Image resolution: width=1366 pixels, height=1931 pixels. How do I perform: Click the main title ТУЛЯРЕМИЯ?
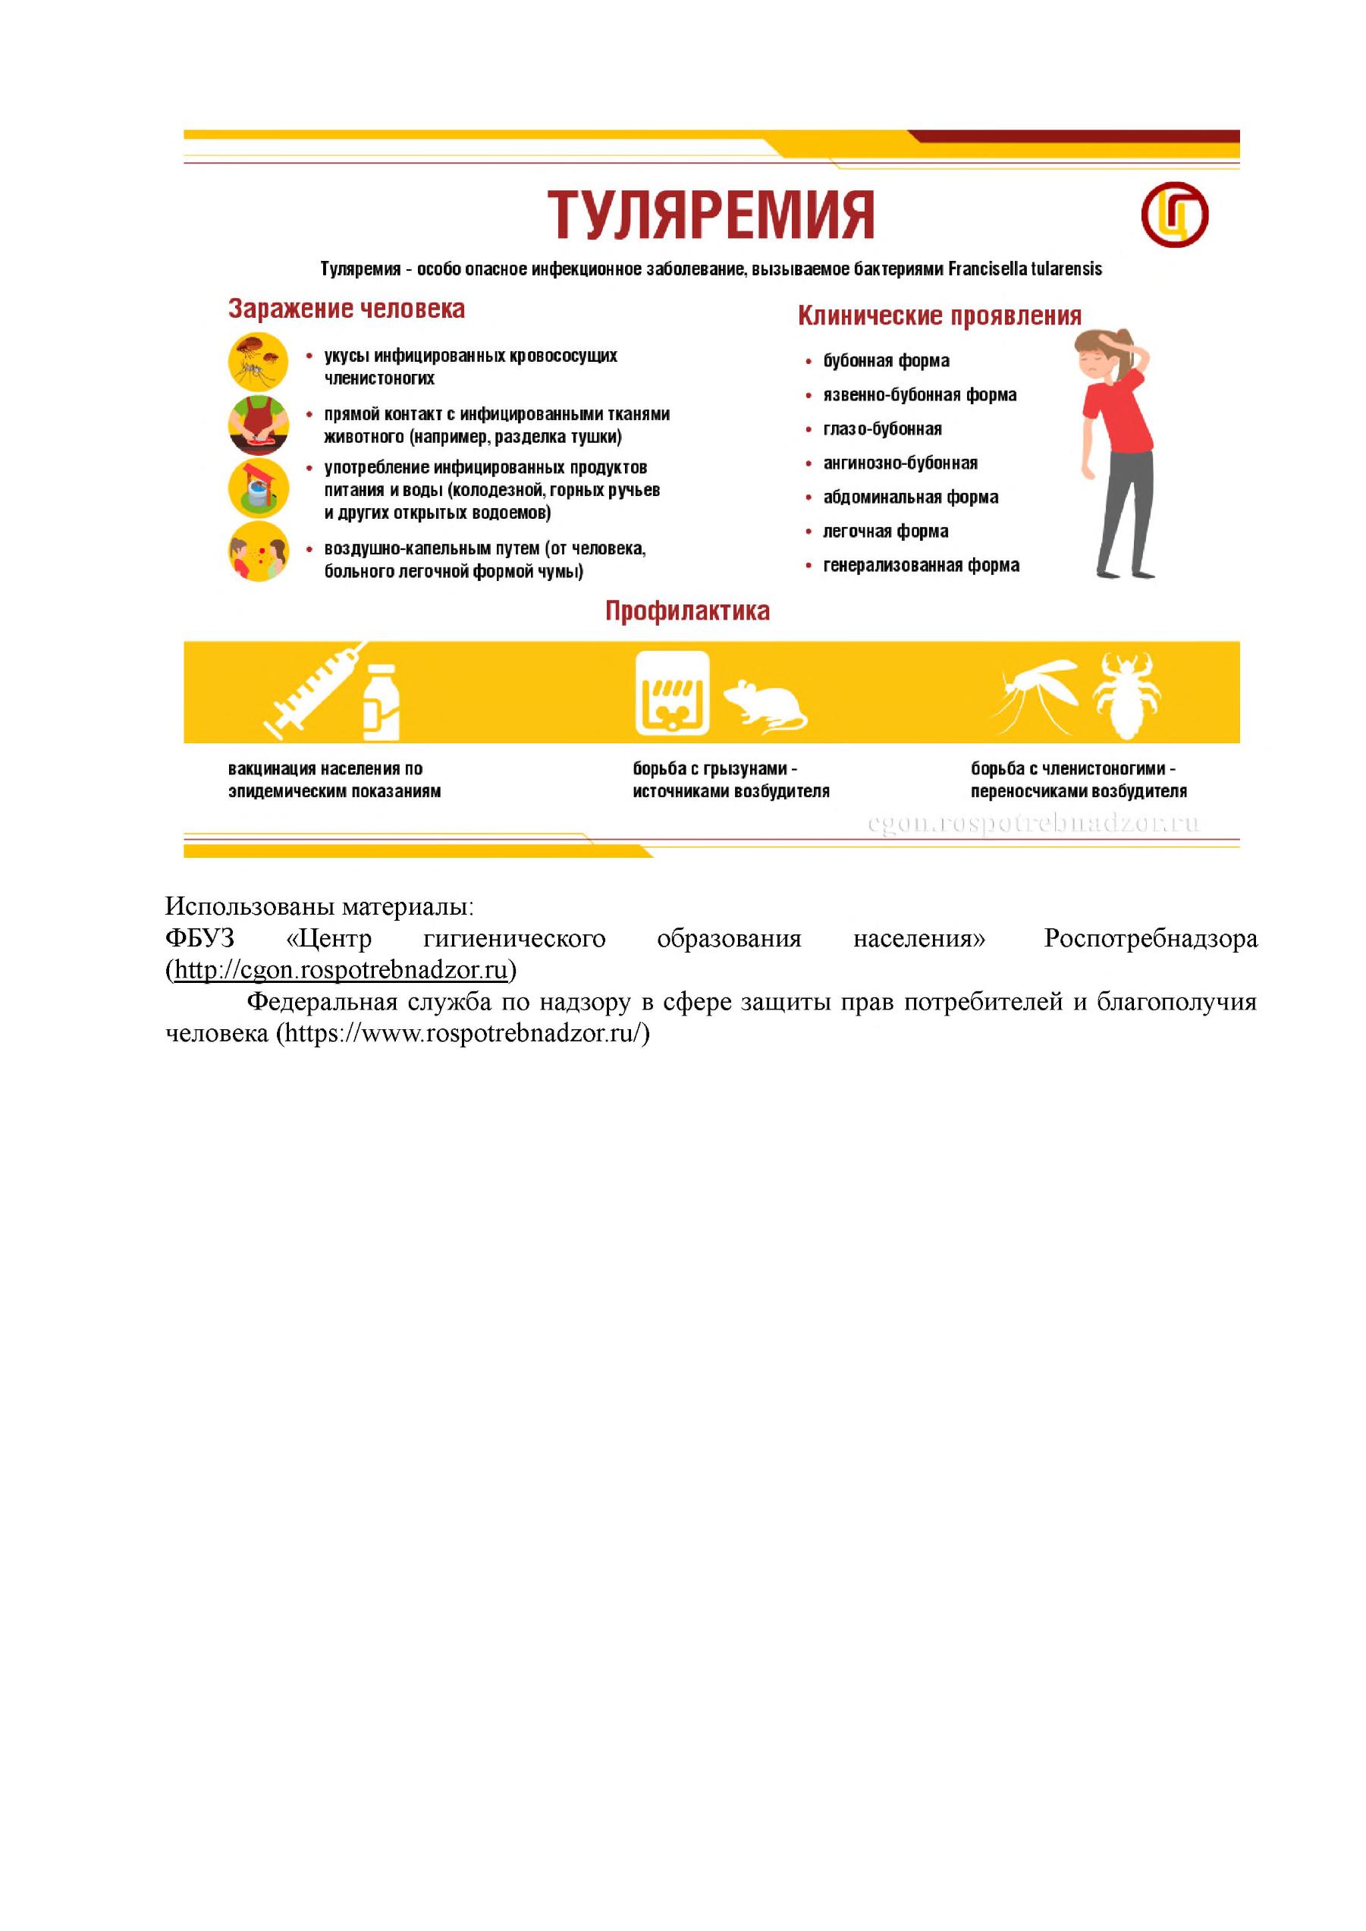711,215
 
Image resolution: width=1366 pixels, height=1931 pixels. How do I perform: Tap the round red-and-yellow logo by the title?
1174,214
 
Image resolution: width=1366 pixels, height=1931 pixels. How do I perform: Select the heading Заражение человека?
347,309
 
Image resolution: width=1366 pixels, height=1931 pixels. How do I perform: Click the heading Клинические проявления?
939,316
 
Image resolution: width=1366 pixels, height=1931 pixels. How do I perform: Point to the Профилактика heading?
687,611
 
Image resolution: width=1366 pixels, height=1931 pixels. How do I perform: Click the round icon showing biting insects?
258,362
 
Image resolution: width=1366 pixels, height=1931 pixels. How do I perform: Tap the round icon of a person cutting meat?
258,425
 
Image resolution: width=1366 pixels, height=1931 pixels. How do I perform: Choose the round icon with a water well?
258,488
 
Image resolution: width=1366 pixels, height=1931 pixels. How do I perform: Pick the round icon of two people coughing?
258,553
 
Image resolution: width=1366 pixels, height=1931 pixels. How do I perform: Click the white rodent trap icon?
672,693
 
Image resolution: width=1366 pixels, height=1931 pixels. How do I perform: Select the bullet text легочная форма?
886,532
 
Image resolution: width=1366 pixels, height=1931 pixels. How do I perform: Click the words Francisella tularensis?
1025,269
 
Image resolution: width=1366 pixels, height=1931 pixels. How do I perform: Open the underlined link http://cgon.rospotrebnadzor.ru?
341,970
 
